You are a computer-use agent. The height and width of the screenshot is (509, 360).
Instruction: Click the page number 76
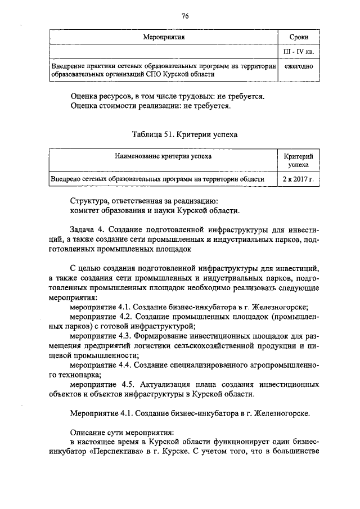(x=184, y=16)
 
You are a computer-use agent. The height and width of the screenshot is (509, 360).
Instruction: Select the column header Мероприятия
(x=163, y=38)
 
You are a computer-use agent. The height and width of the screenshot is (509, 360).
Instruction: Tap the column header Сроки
(x=298, y=38)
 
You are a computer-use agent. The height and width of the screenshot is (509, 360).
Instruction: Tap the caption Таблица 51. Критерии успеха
(x=184, y=135)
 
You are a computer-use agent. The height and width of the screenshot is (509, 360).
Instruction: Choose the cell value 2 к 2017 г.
(x=298, y=179)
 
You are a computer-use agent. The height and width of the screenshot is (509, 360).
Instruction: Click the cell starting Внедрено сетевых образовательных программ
(x=157, y=179)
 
